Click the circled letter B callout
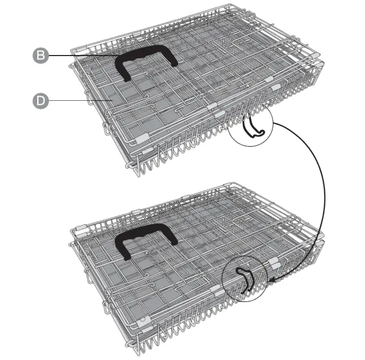[40, 56]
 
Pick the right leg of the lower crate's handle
[172, 239]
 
